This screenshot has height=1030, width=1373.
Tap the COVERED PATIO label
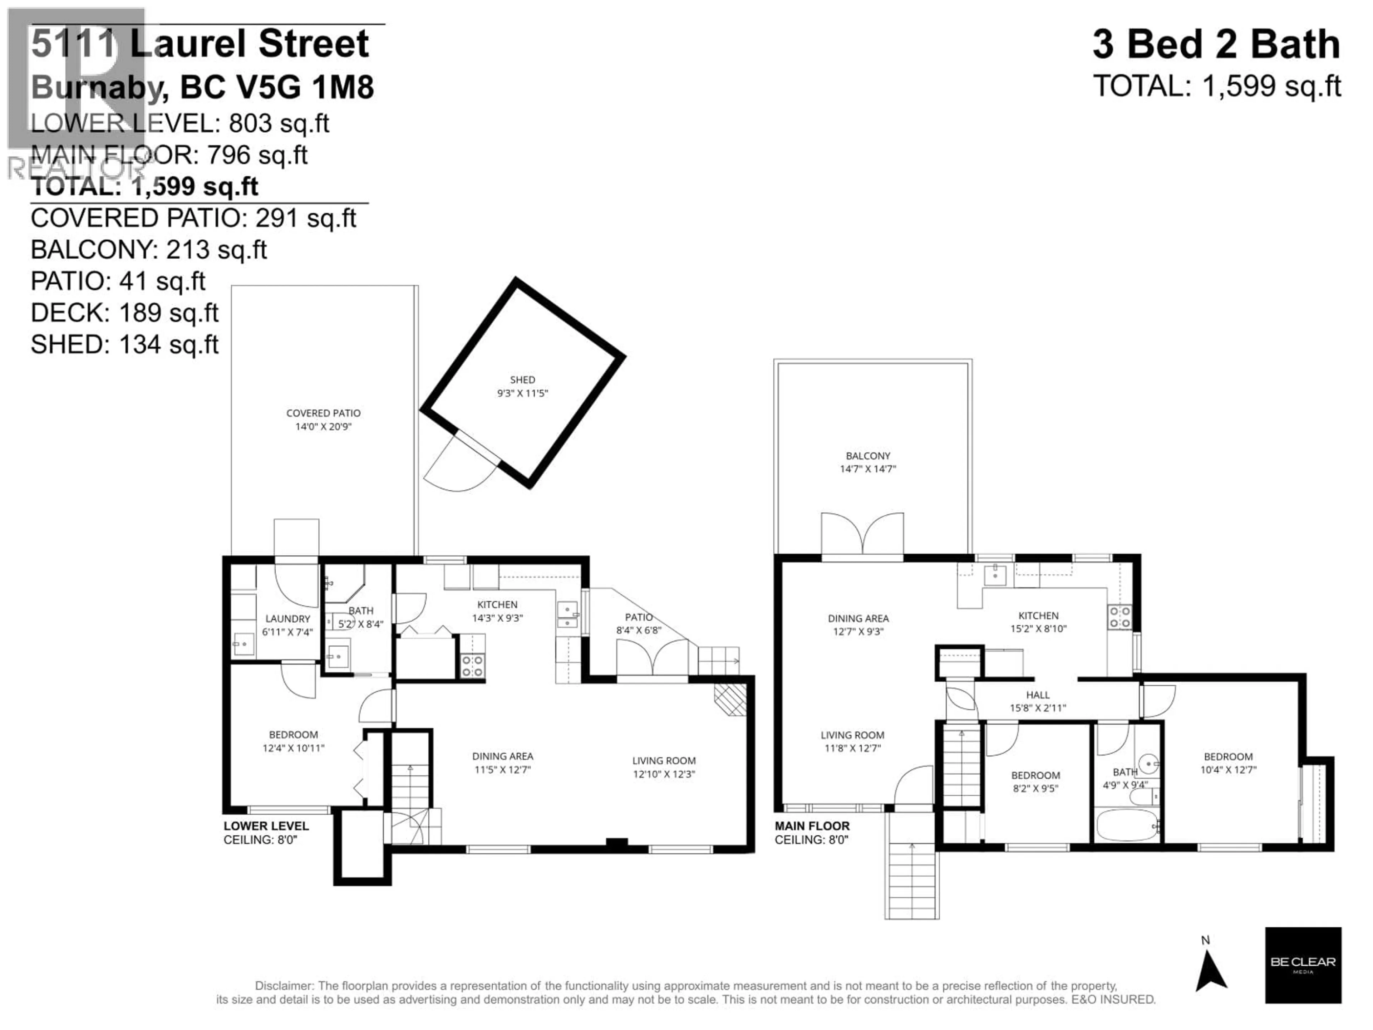[x=323, y=413]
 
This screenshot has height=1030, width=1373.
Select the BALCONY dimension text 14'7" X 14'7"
[x=868, y=469]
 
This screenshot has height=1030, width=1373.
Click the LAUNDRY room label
[x=287, y=618]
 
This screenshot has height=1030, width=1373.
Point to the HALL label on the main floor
[x=1038, y=695]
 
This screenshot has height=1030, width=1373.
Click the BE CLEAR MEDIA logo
[x=1303, y=965]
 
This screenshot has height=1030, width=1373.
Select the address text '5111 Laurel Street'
[x=200, y=44]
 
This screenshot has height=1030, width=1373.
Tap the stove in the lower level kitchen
[x=472, y=666]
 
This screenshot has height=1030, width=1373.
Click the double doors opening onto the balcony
[x=862, y=535]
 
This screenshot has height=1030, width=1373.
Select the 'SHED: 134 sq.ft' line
[x=124, y=344]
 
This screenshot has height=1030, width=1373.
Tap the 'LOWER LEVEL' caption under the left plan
[x=266, y=826]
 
